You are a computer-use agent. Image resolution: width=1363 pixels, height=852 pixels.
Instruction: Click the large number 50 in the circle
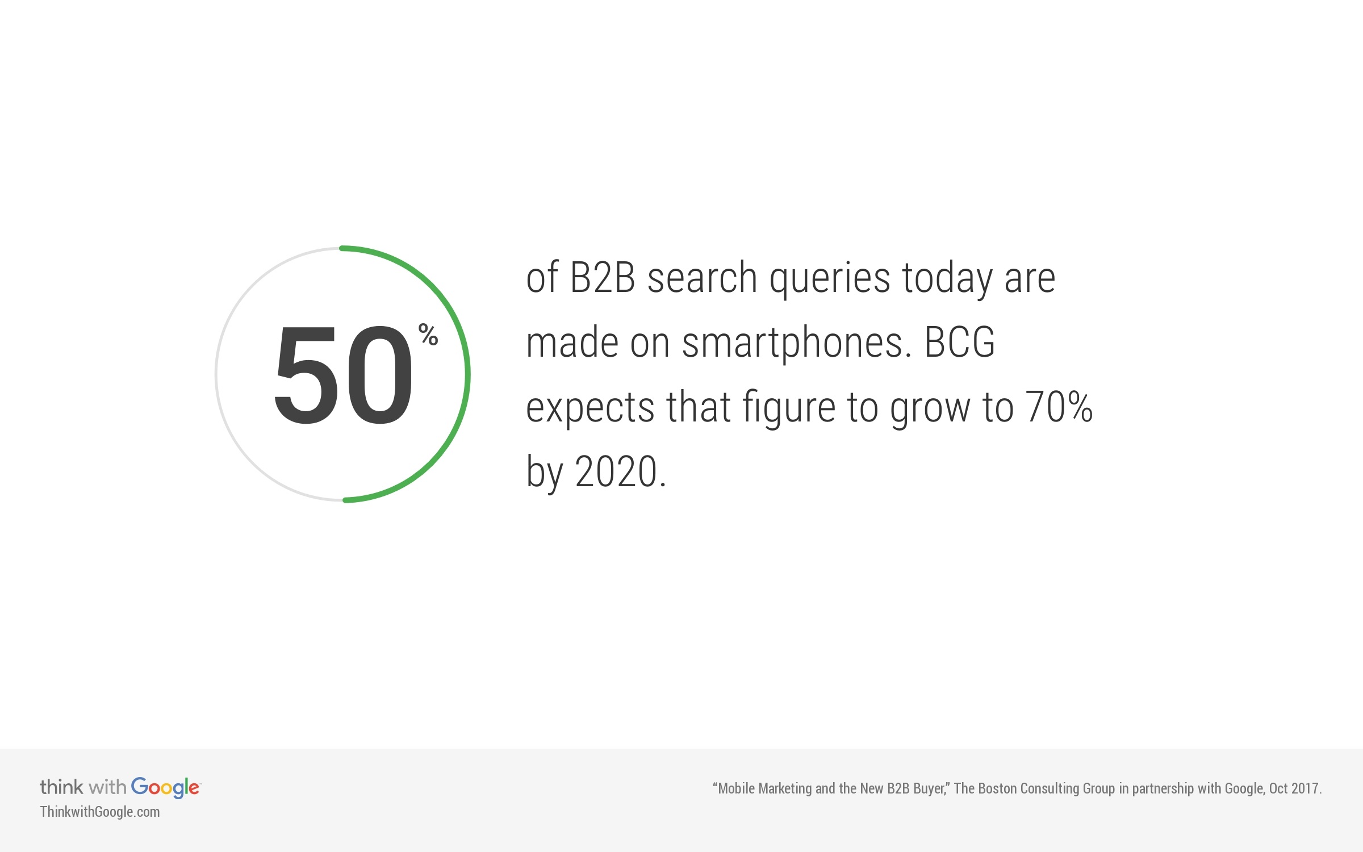pyautogui.click(x=343, y=375)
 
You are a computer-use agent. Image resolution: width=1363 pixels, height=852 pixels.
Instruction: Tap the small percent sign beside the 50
pyautogui.click(x=428, y=335)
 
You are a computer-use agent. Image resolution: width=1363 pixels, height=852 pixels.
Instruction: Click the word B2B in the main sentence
pyautogui.click(x=602, y=278)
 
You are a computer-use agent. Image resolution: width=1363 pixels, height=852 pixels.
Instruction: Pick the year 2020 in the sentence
pyautogui.click(x=616, y=472)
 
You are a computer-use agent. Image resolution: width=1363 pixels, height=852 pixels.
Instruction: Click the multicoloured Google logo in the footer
pyautogui.click(x=165, y=787)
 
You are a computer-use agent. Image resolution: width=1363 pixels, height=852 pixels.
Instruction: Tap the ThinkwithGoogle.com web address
pyautogui.click(x=100, y=812)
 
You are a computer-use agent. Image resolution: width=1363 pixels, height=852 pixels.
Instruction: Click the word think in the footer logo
pyautogui.click(x=61, y=787)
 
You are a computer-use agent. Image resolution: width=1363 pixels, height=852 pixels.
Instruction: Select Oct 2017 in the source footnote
pyautogui.click(x=1294, y=788)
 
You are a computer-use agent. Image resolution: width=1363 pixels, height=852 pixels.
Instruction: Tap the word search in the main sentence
pyautogui.click(x=702, y=278)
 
